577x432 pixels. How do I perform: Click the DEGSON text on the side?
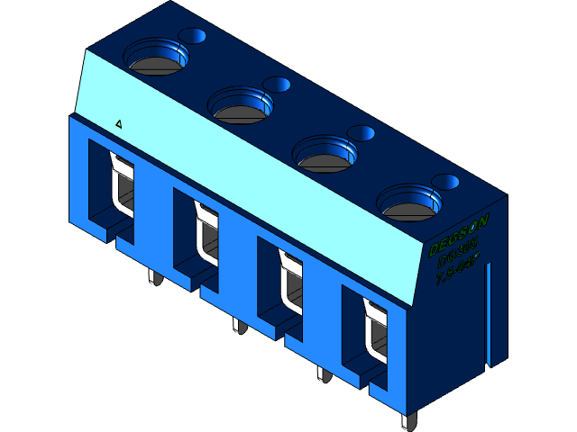(459, 233)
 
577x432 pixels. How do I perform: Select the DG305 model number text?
(459, 254)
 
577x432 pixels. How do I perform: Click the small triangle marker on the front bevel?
(120, 123)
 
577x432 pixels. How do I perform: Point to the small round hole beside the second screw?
(278, 85)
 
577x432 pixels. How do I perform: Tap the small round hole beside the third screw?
(362, 133)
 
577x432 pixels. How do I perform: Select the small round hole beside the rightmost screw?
(446, 182)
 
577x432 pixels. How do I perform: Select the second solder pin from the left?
(238, 325)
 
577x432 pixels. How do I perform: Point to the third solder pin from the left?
(322, 373)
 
